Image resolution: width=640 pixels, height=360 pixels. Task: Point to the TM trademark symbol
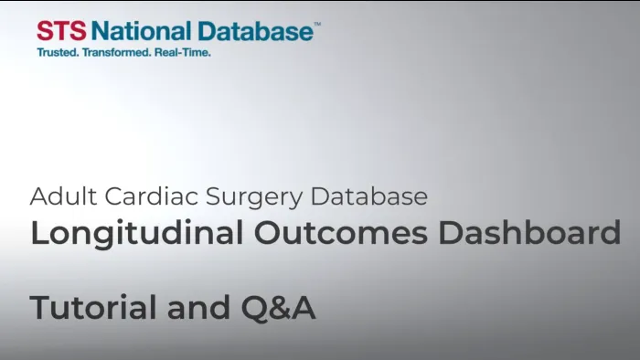317,26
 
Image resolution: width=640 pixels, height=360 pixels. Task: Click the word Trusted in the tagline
57,53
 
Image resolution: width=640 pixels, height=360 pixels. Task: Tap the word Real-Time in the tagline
186,53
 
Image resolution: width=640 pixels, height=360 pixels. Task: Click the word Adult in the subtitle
59,196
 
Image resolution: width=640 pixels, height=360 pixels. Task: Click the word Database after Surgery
369,196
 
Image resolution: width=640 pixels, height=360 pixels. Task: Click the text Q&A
278,309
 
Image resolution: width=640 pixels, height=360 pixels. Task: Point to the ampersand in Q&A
278,309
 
